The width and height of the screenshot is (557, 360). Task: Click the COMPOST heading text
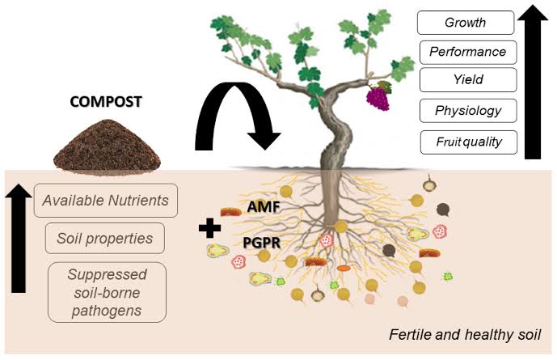[105, 102]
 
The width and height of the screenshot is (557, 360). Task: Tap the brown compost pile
[104, 146]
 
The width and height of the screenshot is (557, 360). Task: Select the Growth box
[466, 23]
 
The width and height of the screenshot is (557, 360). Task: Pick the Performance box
[467, 52]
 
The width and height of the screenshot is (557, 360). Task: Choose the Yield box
[467, 80]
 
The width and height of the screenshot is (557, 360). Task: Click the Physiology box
[467, 111]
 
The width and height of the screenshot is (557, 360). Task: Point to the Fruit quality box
[467, 142]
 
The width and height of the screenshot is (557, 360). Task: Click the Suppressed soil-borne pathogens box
[106, 291]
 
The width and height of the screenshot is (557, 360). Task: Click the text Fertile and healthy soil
[459, 334]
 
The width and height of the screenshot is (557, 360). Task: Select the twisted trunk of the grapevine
[333, 138]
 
